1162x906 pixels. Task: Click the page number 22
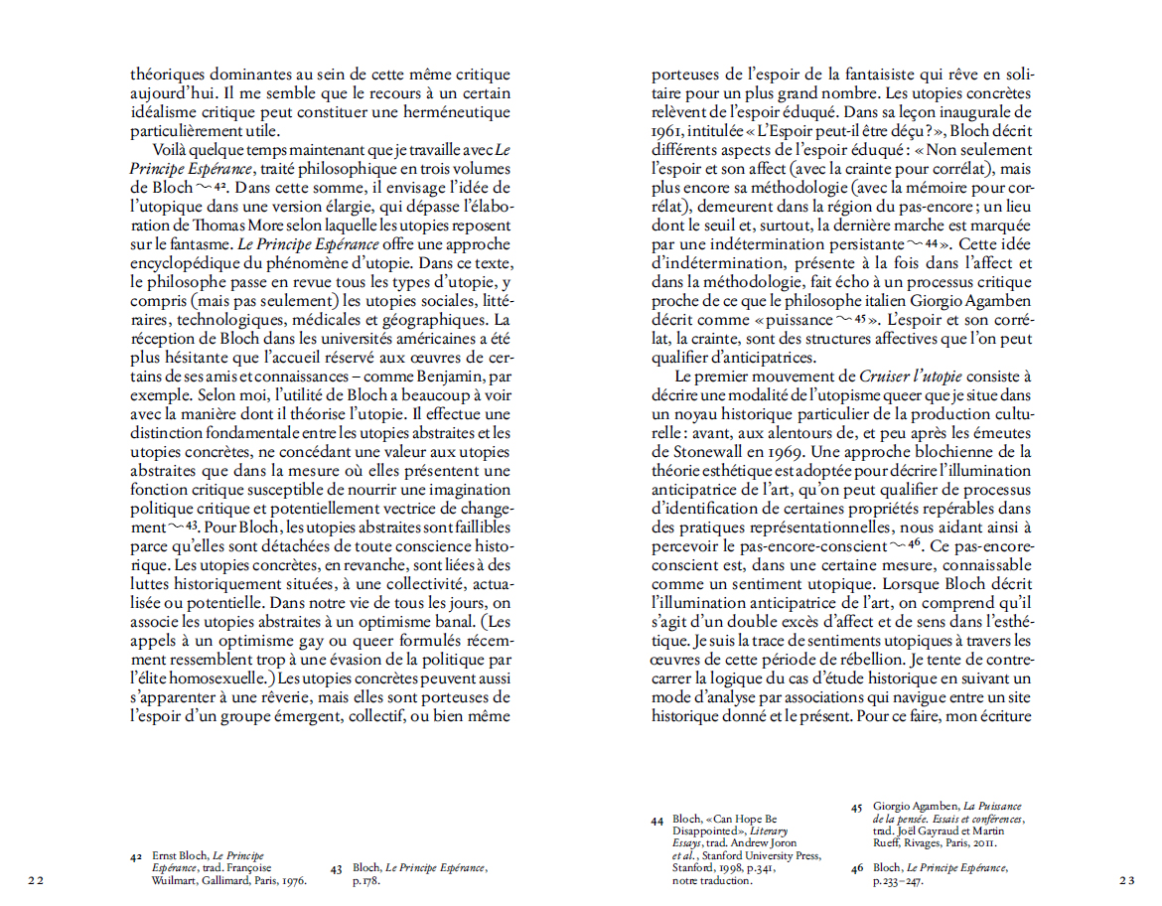pyautogui.click(x=37, y=879)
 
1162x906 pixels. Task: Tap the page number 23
pyautogui.click(x=1126, y=879)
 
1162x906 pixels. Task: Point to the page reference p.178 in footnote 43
pyautogui.click(x=364, y=880)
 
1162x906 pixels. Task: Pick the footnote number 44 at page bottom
pyautogui.click(x=657, y=822)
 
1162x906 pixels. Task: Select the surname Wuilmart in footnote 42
pyautogui.click(x=169, y=879)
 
